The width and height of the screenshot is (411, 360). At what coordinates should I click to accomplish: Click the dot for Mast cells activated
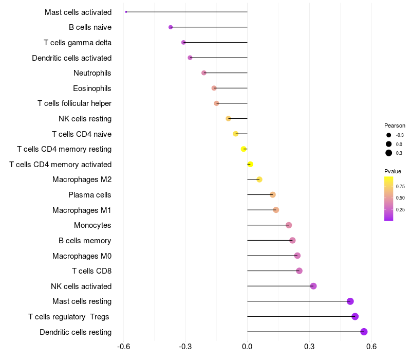coord(126,12)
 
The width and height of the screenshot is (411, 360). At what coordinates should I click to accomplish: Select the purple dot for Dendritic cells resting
coord(364,332)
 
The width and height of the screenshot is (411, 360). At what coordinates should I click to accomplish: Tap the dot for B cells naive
coord(171,27)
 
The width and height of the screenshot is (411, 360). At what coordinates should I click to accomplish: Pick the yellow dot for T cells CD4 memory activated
coord(250,164)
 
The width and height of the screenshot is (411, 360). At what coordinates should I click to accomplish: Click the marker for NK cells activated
coord(313,286)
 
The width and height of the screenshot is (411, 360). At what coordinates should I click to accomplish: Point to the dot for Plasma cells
coord(273,195)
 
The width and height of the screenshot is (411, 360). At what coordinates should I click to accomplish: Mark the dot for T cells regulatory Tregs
coord(355,316)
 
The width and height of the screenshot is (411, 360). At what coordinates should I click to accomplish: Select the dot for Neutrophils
coord(204,73)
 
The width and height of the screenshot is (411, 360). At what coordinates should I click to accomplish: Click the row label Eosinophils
coord(92,88)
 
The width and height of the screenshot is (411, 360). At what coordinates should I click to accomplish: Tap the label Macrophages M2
coord(82,179)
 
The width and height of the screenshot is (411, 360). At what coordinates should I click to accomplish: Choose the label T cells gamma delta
coord(78,43)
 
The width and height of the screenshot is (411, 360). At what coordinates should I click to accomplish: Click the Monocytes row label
coord(92,225)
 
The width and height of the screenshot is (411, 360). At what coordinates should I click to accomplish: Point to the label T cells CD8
coord(92,271)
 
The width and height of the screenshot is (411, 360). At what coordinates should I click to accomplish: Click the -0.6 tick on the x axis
coord(123,347)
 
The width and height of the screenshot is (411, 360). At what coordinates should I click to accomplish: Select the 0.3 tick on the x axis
coord(309,347)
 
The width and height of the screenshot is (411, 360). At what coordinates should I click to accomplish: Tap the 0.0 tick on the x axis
coord(247,347)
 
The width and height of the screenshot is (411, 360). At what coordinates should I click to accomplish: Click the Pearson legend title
coord(395,125)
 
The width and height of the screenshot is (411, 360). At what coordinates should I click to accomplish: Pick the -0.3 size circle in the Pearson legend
coord(389,135)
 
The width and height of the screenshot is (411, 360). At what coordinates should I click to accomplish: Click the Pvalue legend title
coord(393,171)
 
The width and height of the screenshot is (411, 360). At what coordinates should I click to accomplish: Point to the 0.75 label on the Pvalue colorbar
coord(400,187)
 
